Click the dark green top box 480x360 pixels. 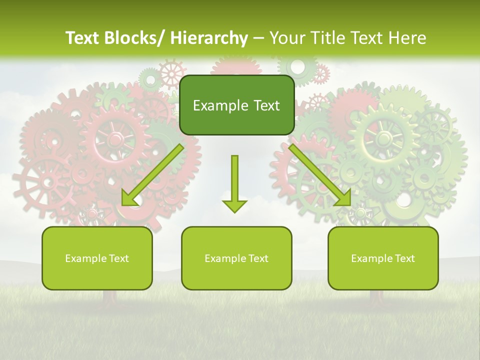[x=236, y=105]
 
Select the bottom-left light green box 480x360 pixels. [x=97, y=258]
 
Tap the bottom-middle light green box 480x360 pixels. [x=236, y=258]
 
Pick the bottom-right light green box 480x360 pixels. [x=383, y=258]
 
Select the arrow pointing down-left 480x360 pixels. [x=152, y=175]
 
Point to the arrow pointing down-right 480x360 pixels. [x=320, y=175]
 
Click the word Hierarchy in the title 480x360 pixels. [x=208, y=38]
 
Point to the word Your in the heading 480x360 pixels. [x=286, y=38]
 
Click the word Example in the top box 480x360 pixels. [x=220, y=105]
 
